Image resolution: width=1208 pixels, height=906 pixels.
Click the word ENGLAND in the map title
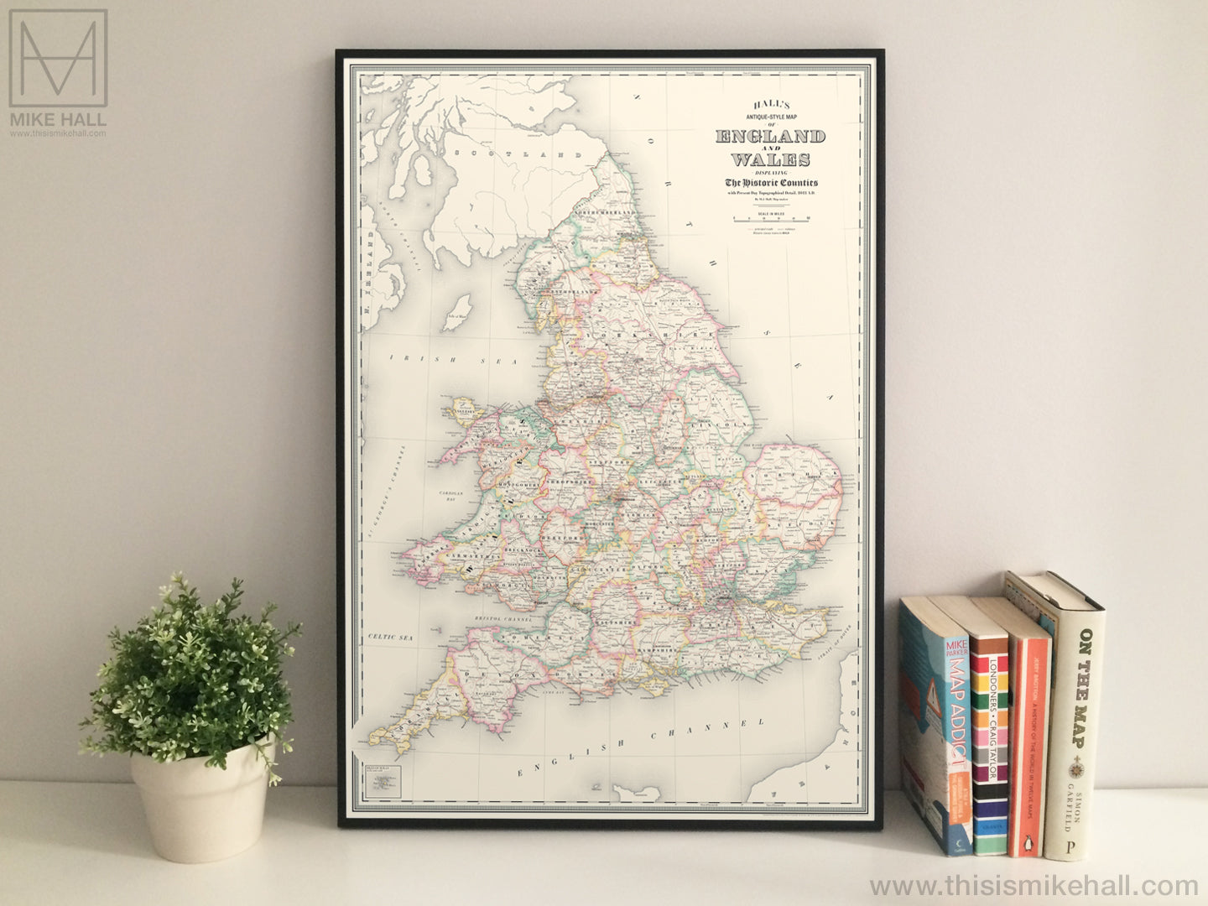point(770,136)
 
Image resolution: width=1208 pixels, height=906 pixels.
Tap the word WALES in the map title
point(770,159)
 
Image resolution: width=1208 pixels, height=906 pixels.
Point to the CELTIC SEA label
point(393,638)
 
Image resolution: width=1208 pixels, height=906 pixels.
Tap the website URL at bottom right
point(1034,885)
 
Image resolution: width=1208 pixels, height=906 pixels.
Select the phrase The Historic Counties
point(771,183)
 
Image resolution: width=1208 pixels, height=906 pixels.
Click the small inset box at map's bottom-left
point(381,784)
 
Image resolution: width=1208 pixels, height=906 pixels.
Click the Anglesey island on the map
point(464,409)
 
